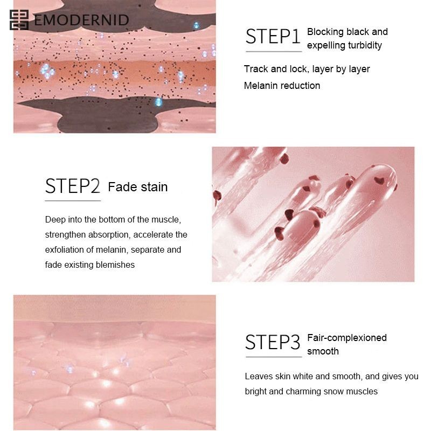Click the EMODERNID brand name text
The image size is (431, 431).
(82, 20)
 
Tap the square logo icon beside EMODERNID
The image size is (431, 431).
(19, 20)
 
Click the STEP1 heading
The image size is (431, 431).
(273, 36)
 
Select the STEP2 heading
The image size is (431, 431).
(73, 186)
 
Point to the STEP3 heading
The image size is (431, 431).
(273, 342)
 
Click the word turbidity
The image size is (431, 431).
(365, 45)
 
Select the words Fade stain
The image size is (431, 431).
(138, 187)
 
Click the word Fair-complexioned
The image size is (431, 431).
(347, 338)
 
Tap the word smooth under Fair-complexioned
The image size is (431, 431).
(323, 351)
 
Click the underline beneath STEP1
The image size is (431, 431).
(274, 51)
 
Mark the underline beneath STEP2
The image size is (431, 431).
(73, 201)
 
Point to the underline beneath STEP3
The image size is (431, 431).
(274, 357)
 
